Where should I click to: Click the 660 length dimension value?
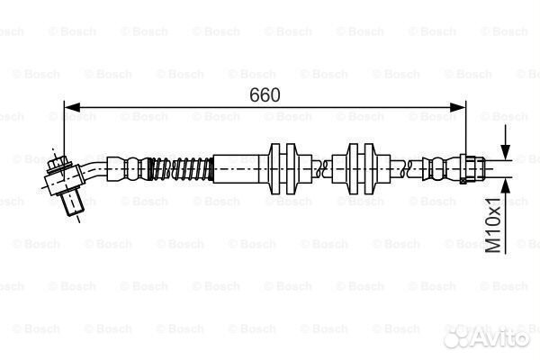[265, 94]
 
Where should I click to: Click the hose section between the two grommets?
[321, 166]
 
